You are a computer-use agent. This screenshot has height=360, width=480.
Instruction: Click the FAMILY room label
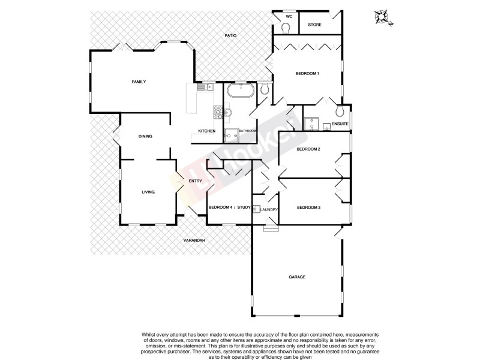click(x=139, y=82)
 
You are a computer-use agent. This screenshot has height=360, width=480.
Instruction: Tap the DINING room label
click(x=145, y=136)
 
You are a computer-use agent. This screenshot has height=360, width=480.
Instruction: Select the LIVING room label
click(x=148, y=192)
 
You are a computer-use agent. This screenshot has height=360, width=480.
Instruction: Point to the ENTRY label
click(x=194, y=181)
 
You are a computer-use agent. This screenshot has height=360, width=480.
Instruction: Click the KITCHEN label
click(x=207, y=131)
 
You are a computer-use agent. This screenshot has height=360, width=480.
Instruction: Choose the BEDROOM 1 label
click(x=307, y=73)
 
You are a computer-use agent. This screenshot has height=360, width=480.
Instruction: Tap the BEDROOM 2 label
click(x=308, y=149)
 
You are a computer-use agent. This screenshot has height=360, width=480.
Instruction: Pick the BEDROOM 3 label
click(x=309, y=208)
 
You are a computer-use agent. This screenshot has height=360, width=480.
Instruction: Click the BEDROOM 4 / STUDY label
click(x=229, y=208)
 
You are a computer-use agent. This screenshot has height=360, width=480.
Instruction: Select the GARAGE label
click(x=298, y=277)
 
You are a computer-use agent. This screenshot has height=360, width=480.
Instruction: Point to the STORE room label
click(x=315, y=25)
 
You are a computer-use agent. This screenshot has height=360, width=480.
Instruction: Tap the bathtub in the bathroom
click(x=240, y=91)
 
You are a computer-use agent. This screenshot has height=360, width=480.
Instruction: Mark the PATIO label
click(x=230, y=36)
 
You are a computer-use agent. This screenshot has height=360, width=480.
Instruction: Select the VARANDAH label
click(x=195, y=241)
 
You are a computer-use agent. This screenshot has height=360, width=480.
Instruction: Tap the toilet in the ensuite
click(x=339, y=112)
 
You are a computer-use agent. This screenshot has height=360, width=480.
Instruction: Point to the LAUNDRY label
click(x=268, y=209)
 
